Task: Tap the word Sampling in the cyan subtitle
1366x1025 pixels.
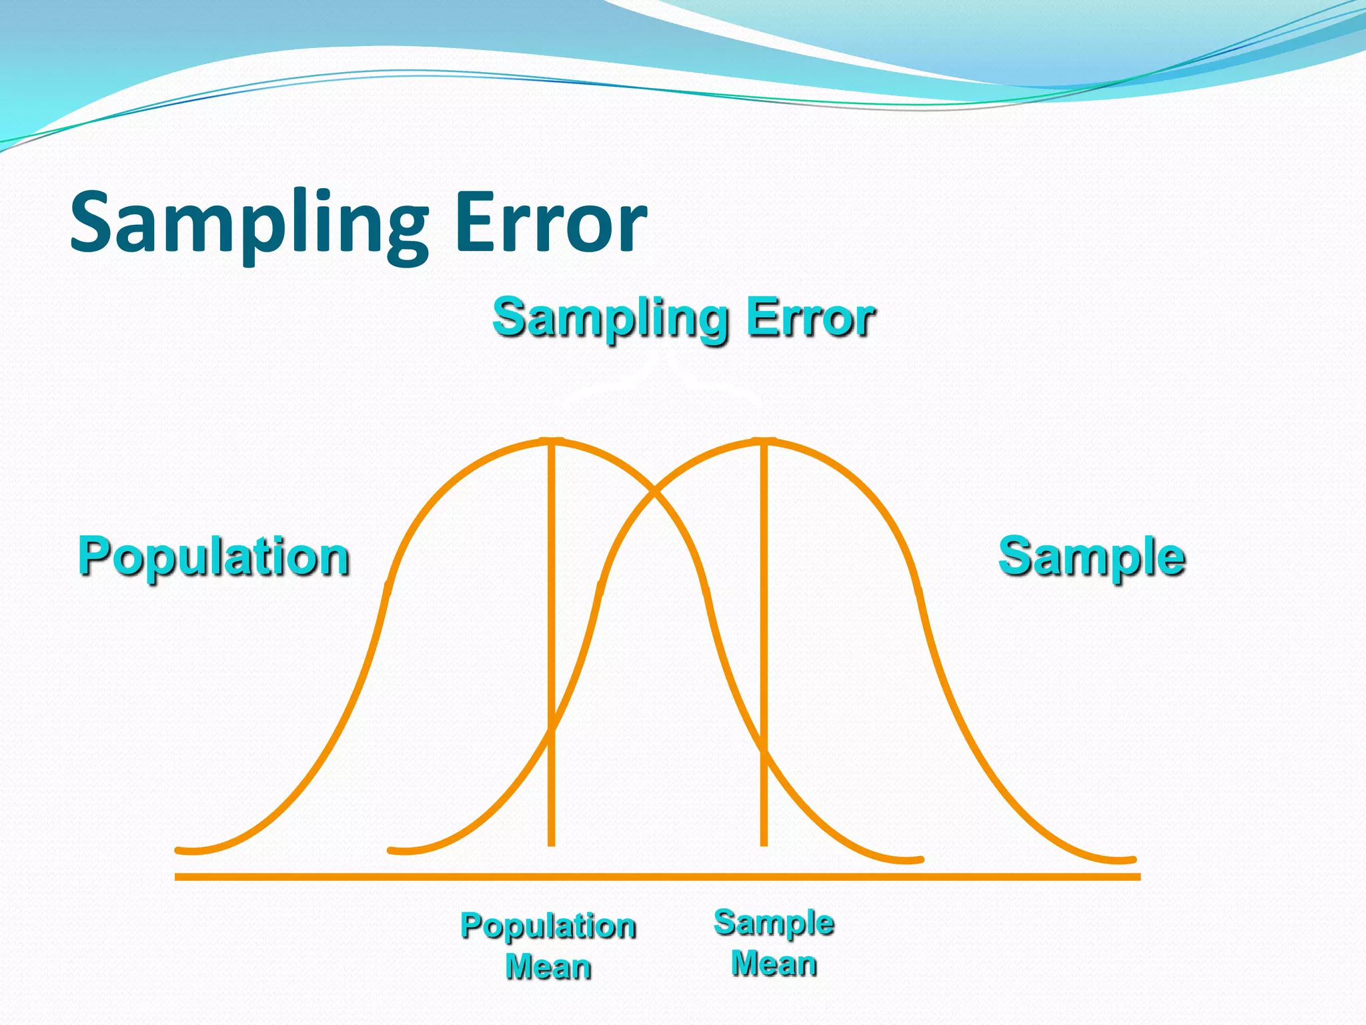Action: tap(610, 318)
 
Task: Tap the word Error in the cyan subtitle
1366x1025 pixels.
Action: tap(810, 318)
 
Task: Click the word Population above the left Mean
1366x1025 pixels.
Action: tap(548, 926)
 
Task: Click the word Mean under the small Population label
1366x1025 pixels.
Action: tap(548, 967)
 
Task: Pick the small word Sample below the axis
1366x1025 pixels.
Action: tap(774, 923)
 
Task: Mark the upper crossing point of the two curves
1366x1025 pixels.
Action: tap(656, 492)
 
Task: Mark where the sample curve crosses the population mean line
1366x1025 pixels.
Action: tap(552, 731)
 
